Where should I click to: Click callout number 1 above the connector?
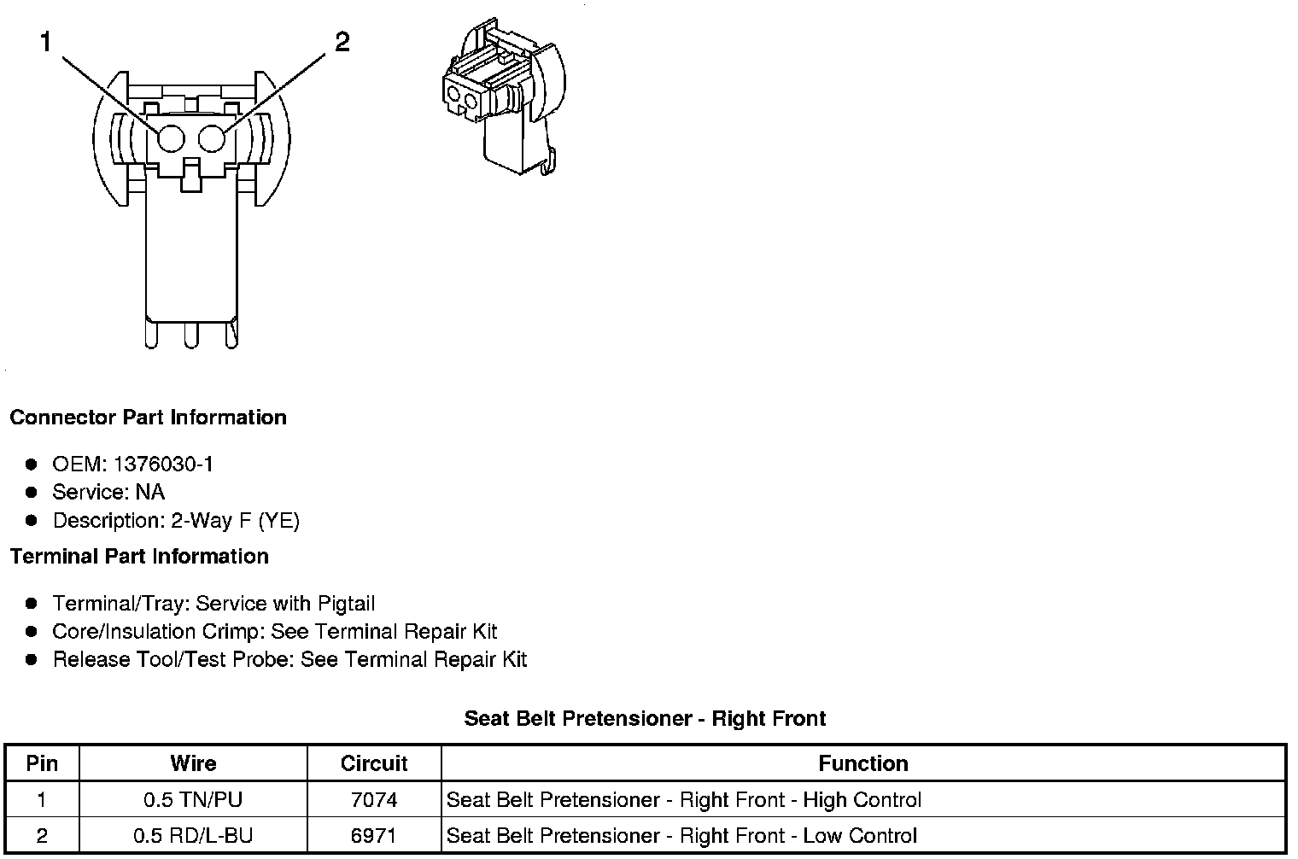[46, 42]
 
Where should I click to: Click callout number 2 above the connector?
[342, 42]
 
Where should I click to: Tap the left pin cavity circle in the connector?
[171, 139]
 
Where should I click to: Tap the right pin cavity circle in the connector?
[212, 139]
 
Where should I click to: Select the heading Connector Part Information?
[148, 418]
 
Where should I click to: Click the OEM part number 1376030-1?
[163, 465]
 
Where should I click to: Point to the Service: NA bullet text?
[108, 493]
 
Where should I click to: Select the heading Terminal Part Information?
[139, 557]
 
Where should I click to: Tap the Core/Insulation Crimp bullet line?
[274, 632]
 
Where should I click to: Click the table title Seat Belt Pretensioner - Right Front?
[645, 718]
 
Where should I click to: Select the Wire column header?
[193, 763]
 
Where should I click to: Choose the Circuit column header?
[374, 763]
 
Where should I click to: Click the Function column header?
[862, 763]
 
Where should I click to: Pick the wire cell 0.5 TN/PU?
[193, 800]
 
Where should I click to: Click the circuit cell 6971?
[374, 836]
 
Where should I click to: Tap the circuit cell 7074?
[374, 800]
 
